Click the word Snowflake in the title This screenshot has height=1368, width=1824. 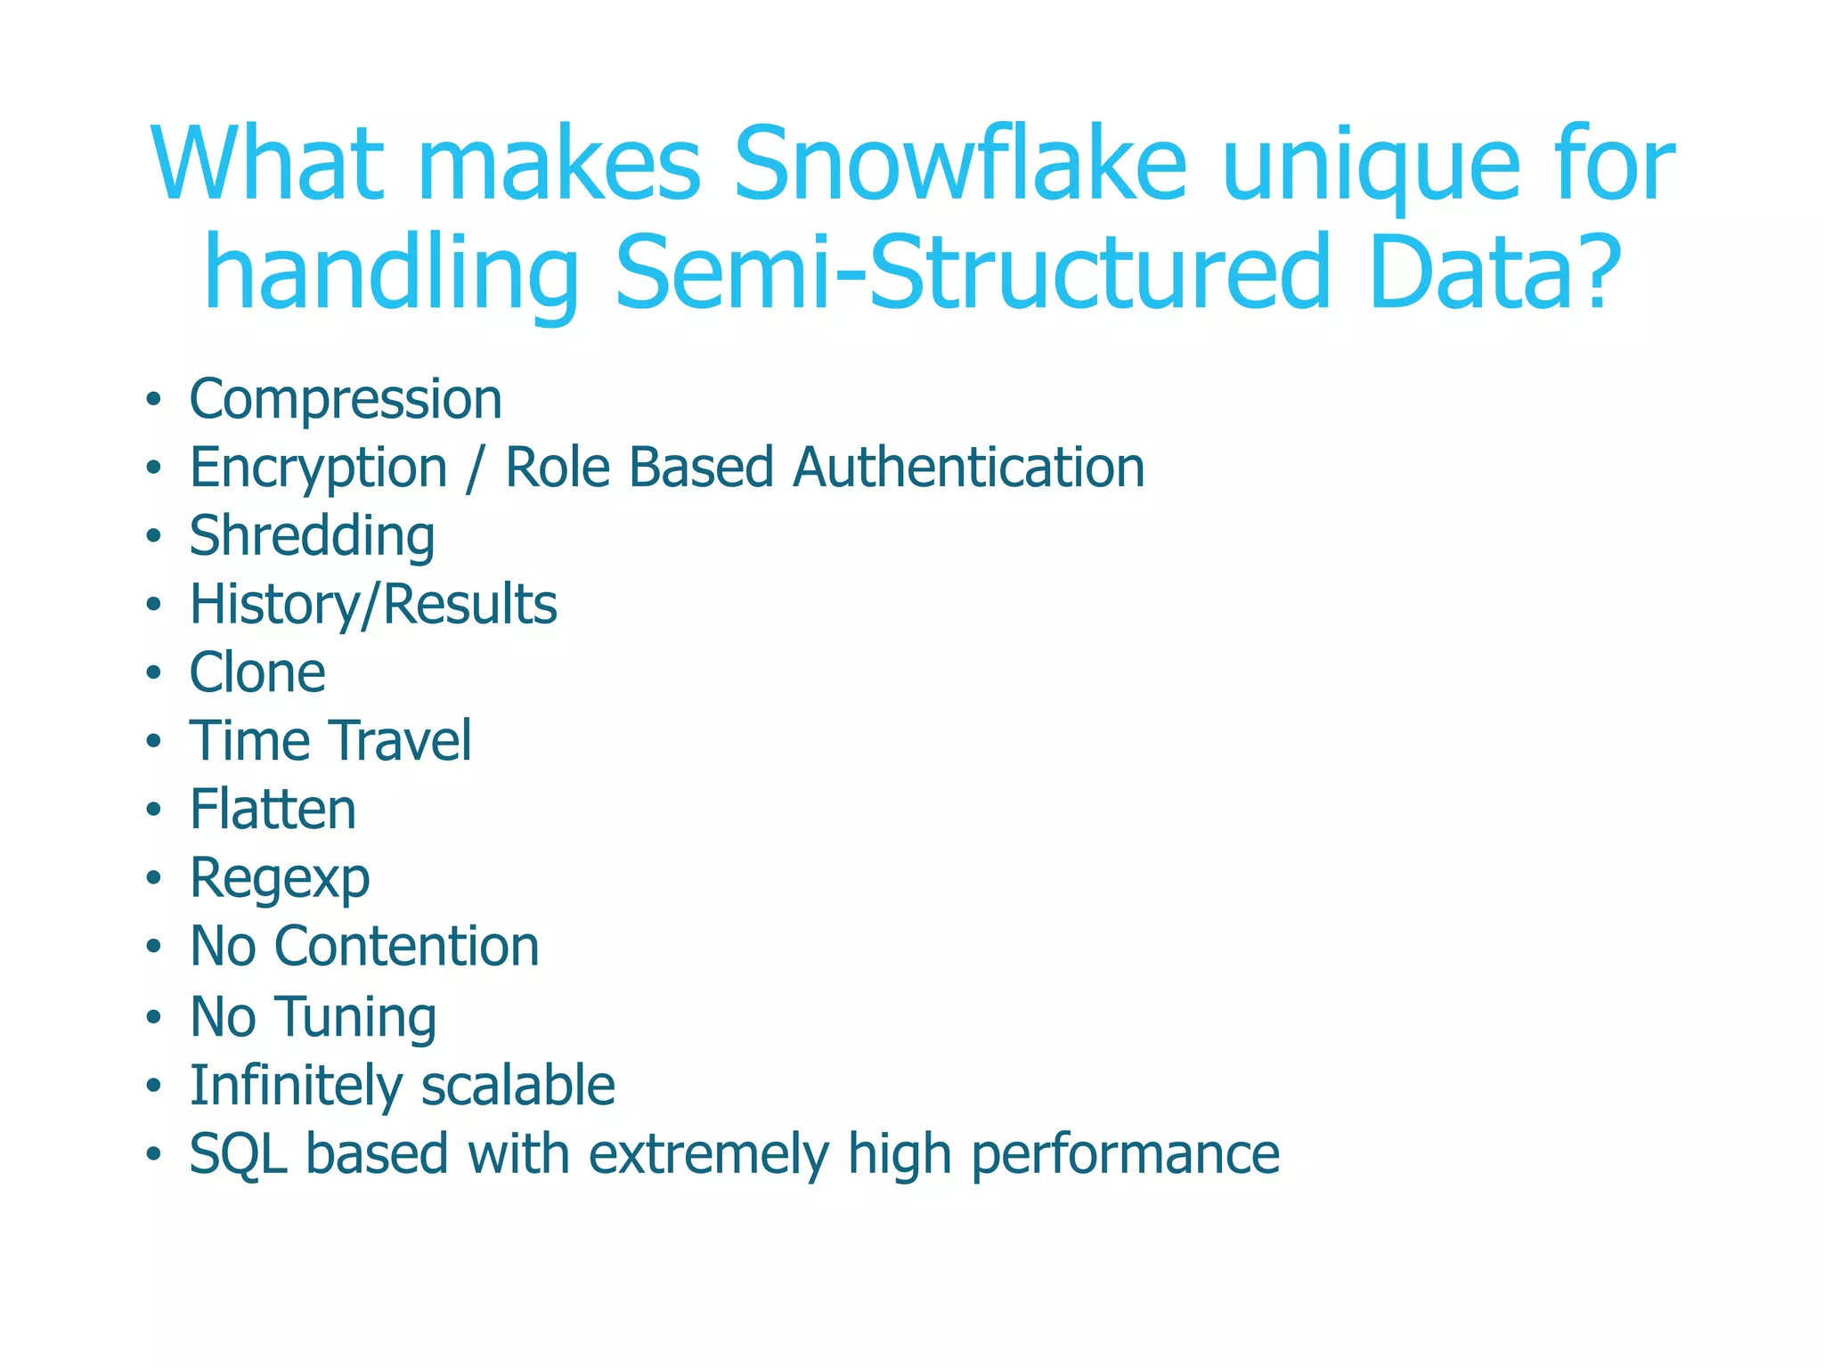click(x=959, y=165)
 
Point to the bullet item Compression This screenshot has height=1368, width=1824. click(x=346, y=400)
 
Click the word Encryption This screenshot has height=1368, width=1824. click(x=318, y=469)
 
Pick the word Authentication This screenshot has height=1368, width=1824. click(x=968, y=468)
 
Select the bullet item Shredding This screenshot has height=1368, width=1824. click(x=312, y=537)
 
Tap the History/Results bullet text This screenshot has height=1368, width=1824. click(x=373, y=606)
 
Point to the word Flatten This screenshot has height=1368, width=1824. click(x=273, y=810)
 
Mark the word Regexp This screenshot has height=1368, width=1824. click(x=280, y=880)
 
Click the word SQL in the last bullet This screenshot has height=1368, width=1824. click(x=238, y=1155)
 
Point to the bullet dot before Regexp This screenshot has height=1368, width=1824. click(x=154, y=879)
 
